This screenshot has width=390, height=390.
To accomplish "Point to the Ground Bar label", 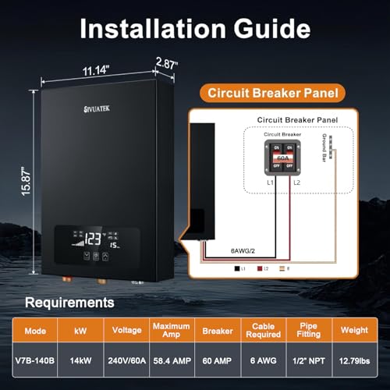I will [345, 145].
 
